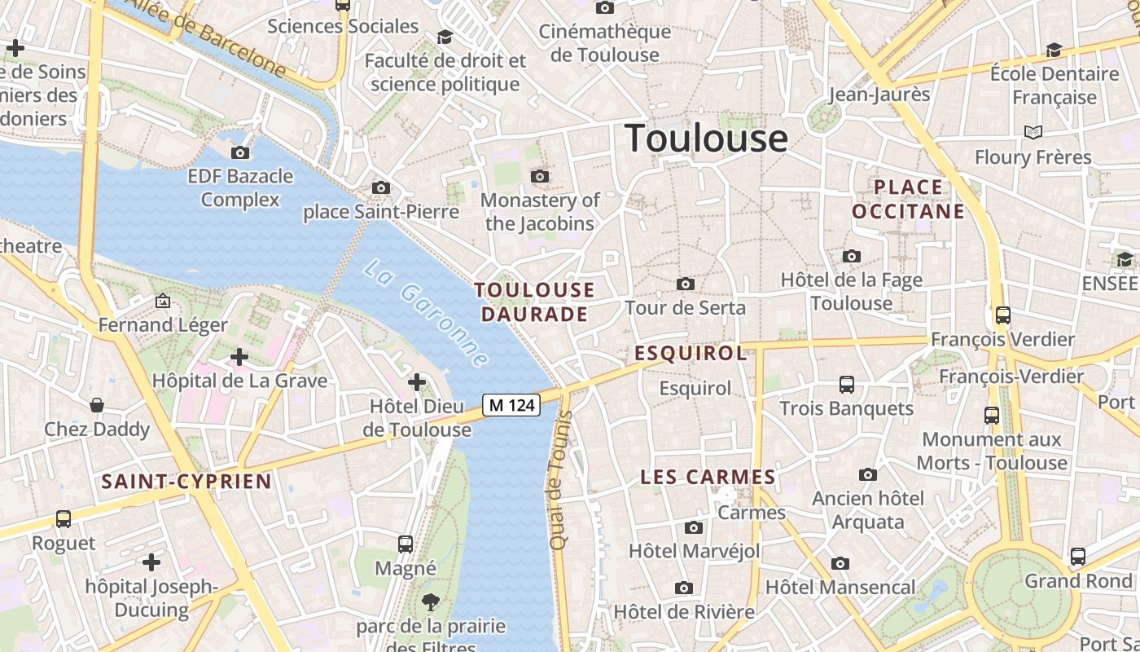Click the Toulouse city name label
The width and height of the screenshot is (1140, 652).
(x=706, y=138)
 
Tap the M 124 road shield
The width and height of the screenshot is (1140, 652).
(x=511, y=404)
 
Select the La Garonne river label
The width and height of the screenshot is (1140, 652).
(x=426, y=314)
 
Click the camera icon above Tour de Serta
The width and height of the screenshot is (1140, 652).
(x=686, y=284)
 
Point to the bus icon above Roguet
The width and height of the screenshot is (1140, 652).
(x=63, y=518)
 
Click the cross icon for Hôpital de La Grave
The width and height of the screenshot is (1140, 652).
(x=239, y=357)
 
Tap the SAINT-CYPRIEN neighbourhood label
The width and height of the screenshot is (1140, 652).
(x=186, y=481)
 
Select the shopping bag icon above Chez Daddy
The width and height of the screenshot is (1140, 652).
(x=97, y=405)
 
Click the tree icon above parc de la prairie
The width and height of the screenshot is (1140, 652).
(x=430, y=602)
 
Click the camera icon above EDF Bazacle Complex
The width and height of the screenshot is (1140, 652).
(x=240, y=152)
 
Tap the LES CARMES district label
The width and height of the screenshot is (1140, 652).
(x=708, y=477)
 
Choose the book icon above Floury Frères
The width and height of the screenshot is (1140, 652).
(x=1033, y=132)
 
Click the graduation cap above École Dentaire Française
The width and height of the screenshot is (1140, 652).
(x=1054, y=51)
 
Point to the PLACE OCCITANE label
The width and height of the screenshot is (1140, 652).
(x=908, y=200)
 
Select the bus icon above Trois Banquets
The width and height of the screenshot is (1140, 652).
(x=847, y=384)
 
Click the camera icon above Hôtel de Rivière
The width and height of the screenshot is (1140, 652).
(x=684, y=588)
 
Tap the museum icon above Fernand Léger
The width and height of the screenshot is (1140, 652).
(x=163, y=301)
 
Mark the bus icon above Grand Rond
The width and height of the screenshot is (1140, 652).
(x=1078, y=557)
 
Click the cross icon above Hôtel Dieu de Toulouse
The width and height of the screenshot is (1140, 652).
(x=417, y=381)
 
